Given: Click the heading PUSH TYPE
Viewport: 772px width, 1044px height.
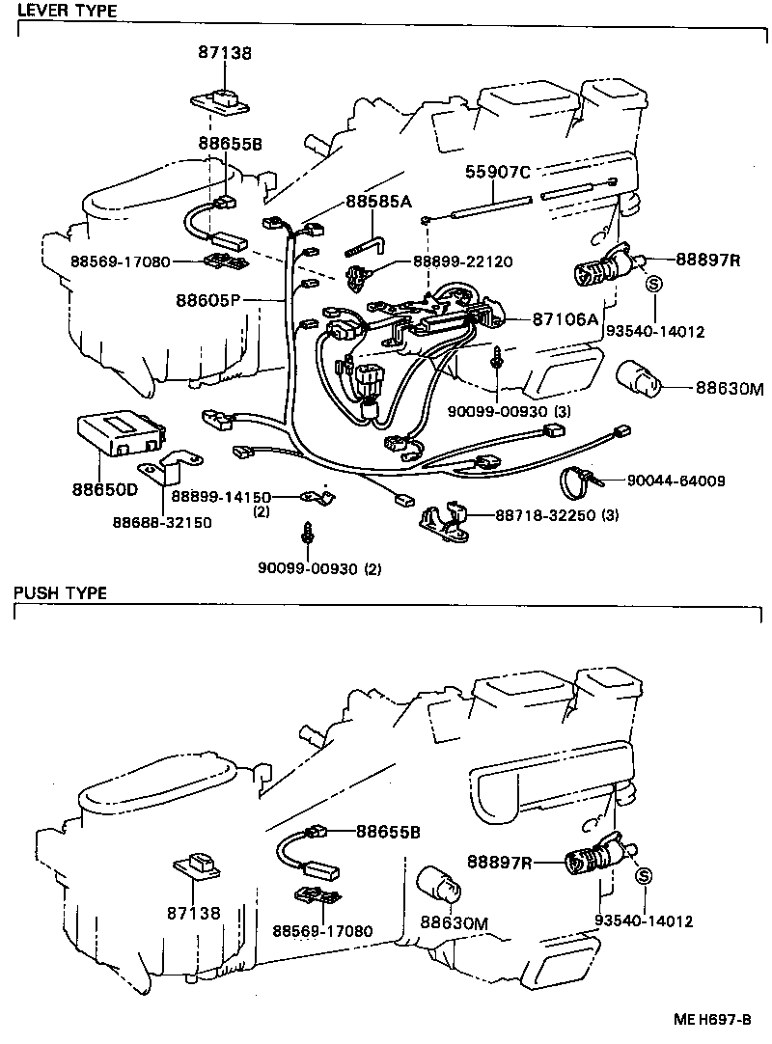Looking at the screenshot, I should click(60, 592).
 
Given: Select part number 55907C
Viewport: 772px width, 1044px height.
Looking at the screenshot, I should click(498, 173).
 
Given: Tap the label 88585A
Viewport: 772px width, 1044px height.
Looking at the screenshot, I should click(378, 203).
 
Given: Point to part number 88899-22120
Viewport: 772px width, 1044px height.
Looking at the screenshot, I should click(462, 261).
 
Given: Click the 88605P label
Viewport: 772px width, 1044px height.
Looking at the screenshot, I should click(207, 301).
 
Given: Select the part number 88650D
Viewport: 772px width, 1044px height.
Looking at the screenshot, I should click(104, 489).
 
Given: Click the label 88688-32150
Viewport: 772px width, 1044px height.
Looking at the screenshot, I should click(162, 522).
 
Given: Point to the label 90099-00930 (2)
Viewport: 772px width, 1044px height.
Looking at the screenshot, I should click(319, 568).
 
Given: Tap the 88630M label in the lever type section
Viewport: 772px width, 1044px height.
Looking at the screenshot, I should click(730, 390).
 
